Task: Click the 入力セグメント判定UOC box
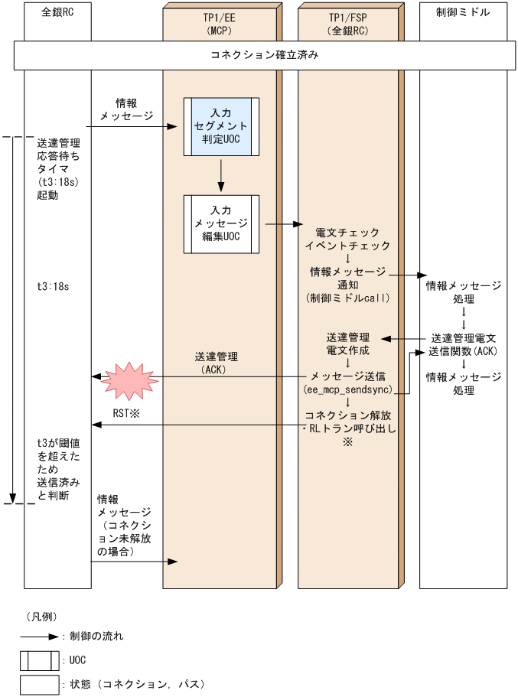point(220,126)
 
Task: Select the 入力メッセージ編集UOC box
point(220,223)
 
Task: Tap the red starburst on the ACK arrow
point(130,378)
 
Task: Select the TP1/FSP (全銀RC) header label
point(348,21)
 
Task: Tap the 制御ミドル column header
point(463,13)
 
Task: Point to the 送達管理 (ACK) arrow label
point(217,363)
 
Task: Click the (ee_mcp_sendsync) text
point(348,389)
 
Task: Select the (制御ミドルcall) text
point(348,298)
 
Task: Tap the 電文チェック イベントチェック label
point(348,239)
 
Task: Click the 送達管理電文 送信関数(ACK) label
point(464,344)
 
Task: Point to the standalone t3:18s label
point(54,286)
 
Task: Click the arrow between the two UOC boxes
point(220,175)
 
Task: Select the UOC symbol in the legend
point(40,660)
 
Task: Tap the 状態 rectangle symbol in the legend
point(40,684)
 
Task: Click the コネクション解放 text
point(348,415)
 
